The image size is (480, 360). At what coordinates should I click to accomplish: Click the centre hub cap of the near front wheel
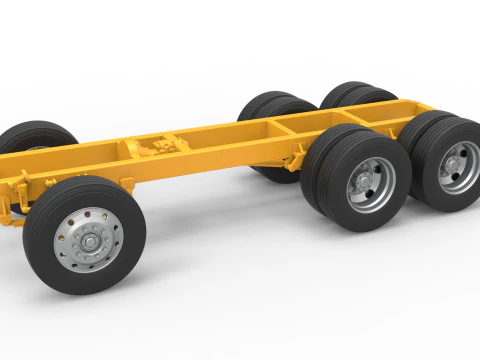(87, 241)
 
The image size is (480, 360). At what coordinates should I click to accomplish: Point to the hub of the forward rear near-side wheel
(365, 183)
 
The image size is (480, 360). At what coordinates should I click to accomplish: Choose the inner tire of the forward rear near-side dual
(318, 160)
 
